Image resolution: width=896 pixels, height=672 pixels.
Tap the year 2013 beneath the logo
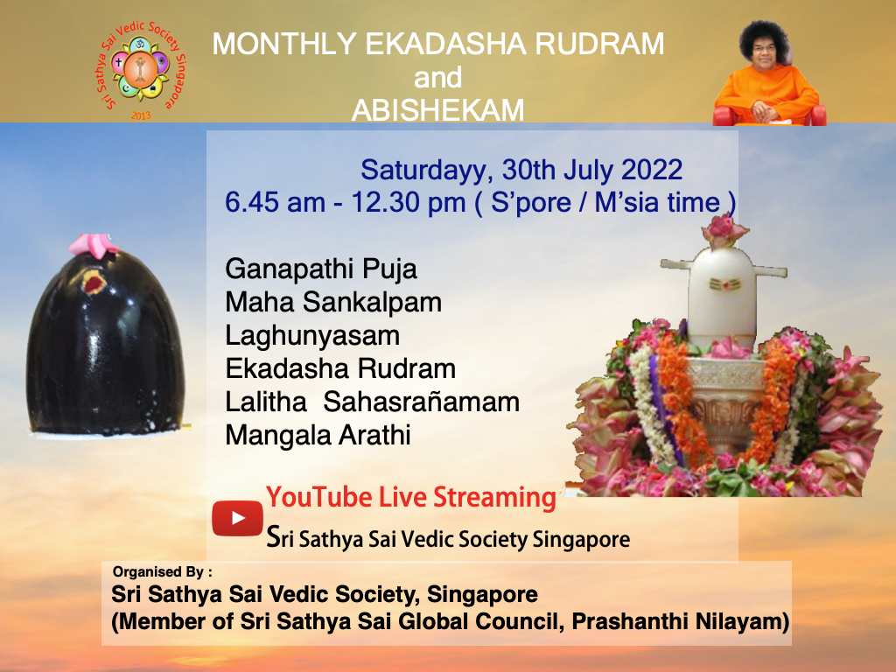tap(140, 115)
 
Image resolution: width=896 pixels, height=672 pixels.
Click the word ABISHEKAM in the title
tap(437, 110)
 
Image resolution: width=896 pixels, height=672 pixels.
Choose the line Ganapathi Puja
tap(321, 268)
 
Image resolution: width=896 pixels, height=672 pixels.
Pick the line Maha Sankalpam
tap(333, 302)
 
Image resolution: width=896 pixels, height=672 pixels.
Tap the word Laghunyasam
tap(312, 335)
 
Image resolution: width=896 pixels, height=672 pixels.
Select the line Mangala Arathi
tap(318, 435)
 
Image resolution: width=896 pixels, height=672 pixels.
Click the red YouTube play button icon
tap(237, 518)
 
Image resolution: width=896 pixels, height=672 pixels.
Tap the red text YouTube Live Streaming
tap(411, 497)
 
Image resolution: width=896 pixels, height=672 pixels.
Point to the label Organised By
tap(163, 573)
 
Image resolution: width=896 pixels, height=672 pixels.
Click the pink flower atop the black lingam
tap(94, 245)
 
